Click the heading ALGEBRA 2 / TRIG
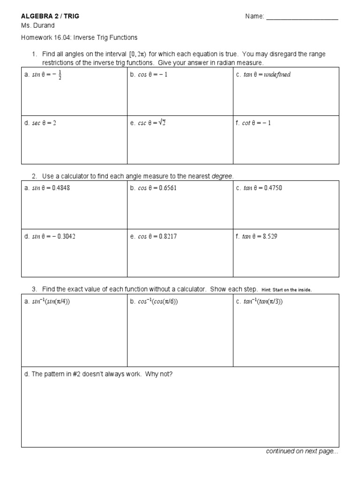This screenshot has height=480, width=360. [50, 16]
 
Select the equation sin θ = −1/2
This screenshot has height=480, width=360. [46, 75]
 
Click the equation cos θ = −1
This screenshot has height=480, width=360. [152, 75]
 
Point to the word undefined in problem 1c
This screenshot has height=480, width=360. [277, 75]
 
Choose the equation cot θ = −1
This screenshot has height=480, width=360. [257, 123]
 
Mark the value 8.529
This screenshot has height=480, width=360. [270, 236]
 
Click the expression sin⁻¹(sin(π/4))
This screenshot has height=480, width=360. [50, 301]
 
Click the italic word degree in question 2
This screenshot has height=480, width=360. [222, 176]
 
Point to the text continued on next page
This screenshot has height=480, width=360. [302, 451]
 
